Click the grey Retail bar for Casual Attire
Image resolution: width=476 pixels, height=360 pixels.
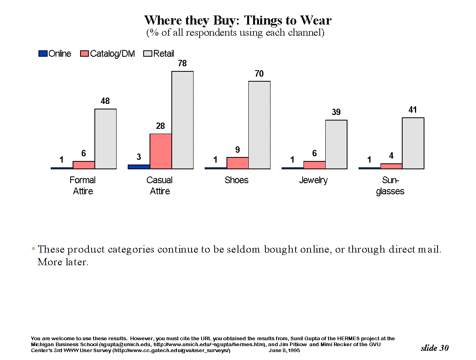(182, 120)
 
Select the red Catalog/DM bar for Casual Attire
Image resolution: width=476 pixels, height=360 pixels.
(161, 151)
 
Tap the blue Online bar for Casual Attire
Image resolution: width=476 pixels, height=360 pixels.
(139, 167)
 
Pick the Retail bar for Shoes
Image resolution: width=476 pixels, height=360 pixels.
(259, 125)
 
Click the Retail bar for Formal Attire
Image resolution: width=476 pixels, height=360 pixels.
(106, 139)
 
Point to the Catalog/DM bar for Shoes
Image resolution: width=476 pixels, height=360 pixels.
(238, 163)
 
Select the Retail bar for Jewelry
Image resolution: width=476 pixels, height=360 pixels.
(336, 144)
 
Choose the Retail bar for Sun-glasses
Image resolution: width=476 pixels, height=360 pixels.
(413, 143)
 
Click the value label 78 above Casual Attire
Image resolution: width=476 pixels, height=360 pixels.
(182, 63)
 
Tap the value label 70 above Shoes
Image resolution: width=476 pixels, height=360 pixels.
(259, 74)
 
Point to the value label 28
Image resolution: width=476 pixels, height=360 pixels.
(160, 126)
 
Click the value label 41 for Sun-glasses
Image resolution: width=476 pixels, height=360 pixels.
(413, 110)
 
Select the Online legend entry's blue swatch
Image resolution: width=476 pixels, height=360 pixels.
(43, 54)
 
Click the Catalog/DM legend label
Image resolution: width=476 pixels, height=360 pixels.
(112, 54)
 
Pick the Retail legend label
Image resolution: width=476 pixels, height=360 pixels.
(164, 54)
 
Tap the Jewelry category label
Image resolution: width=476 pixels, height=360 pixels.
(313, 180)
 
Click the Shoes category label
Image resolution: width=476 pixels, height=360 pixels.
(236, 180)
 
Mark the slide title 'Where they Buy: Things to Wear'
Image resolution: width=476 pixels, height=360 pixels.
(238, 20)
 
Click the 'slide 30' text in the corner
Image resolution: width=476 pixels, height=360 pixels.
(434, 348)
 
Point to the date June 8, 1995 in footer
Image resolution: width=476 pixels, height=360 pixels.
(284, 351)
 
